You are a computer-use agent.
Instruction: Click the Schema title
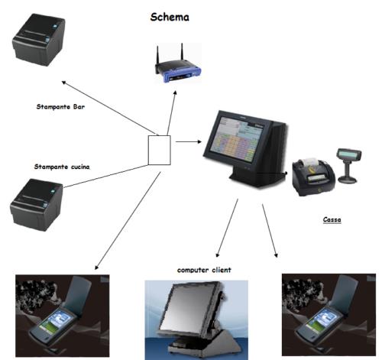point(170,17)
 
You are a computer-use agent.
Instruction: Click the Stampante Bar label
point(60,106)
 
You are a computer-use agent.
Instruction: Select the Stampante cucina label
point(62,167)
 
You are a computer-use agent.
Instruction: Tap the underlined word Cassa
point(332,219)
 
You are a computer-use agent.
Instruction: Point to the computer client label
point(204,270)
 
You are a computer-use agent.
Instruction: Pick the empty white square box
point(159,150)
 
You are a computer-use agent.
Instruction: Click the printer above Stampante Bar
point(38,40)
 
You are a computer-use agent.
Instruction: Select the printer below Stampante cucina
point(36,205)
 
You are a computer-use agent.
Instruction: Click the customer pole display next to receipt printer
point(348,166)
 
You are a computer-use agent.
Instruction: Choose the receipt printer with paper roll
point(313,177)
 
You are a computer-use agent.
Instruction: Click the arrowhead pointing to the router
point(175,92)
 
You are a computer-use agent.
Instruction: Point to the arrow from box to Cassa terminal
point(189,141)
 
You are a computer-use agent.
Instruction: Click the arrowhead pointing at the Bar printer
point(64,83)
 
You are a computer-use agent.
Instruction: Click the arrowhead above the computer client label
point(217,255)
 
